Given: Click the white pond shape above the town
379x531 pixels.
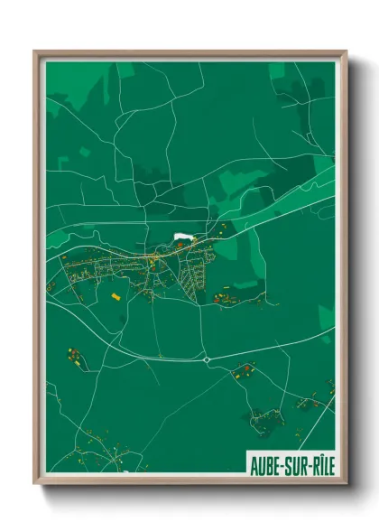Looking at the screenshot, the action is [182, 238].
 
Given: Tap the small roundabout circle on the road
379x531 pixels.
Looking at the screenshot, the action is [207, 359].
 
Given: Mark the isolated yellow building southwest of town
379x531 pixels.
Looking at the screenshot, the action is [115, 294].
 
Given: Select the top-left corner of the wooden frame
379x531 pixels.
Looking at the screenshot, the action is [35, 51].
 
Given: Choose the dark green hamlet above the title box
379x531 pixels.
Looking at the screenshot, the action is [268, 418].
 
